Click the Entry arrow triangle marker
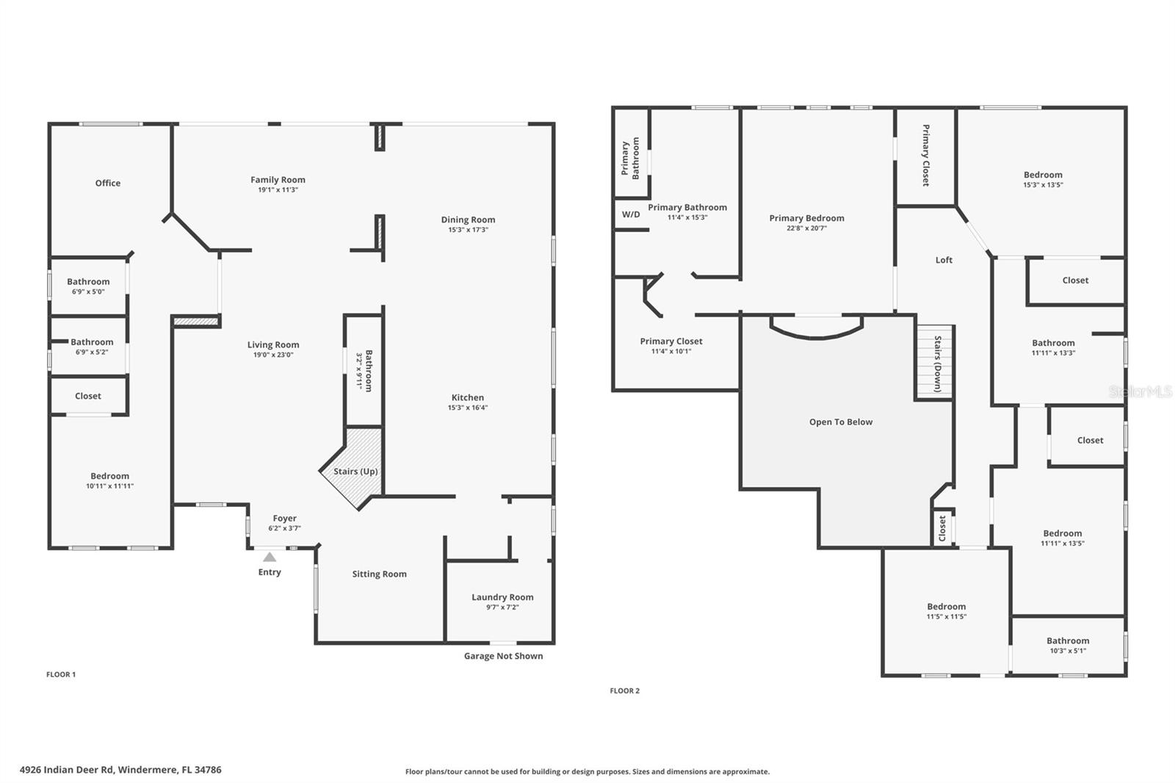coord(270,558)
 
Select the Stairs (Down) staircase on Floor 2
coord(934,363)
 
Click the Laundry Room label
coord(502,597)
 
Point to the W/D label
coord(631,214)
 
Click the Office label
coord(108,183)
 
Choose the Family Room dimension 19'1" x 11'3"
coord(278,190)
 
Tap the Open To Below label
coord(841,422)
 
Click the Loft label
coord(944,260)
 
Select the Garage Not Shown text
coord(503,656)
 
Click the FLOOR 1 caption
coord(61,674)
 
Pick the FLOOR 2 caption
coord(625,690)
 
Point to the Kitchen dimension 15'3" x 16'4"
coord(468,408)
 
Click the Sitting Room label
coord(379,574)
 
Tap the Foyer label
coord(285,519)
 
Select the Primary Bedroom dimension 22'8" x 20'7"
coord(806,228)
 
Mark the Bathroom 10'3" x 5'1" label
coord(1068,641)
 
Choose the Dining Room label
coord(468,220)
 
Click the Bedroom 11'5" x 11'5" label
coord(946,607)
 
